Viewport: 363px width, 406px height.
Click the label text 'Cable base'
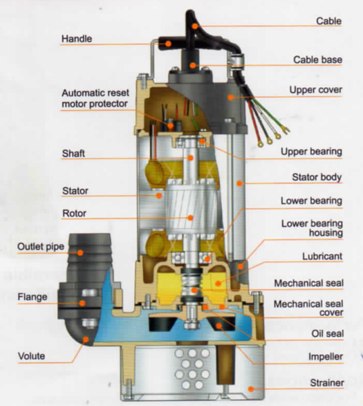point(317,59)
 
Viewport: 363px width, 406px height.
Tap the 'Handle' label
point(77,39)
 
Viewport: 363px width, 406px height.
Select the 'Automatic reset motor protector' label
point(95,98)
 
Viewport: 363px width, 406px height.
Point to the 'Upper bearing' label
point(311,151)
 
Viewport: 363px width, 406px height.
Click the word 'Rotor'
point(74,214)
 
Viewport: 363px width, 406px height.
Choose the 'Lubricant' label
point(322,257)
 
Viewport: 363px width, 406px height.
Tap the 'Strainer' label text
point(327,382)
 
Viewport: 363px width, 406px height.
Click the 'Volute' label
point(31,356)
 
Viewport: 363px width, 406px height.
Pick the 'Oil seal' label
point(328,334)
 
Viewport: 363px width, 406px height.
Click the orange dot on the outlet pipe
point(80,252)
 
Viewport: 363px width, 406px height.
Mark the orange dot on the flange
point(82,303)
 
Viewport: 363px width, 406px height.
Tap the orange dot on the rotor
point(190,218)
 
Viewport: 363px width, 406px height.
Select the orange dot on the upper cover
point(231,98)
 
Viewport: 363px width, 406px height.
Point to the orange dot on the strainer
point(250,389)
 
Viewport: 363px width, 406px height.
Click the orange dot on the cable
point(195,26)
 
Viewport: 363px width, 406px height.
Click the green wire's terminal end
point(285,129)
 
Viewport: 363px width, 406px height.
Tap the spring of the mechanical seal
point(193,286)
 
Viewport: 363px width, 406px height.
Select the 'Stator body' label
point(317,177)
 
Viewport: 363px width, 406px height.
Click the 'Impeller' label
point(326,357)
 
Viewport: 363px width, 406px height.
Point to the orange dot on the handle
point(168,44)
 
